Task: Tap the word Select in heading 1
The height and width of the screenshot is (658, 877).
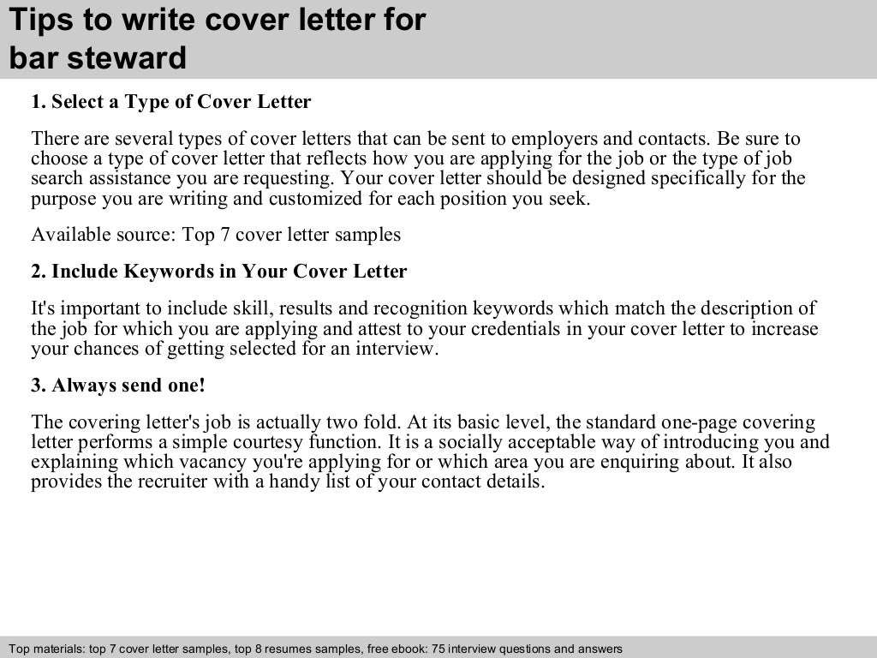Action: (x=80, y=103)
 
